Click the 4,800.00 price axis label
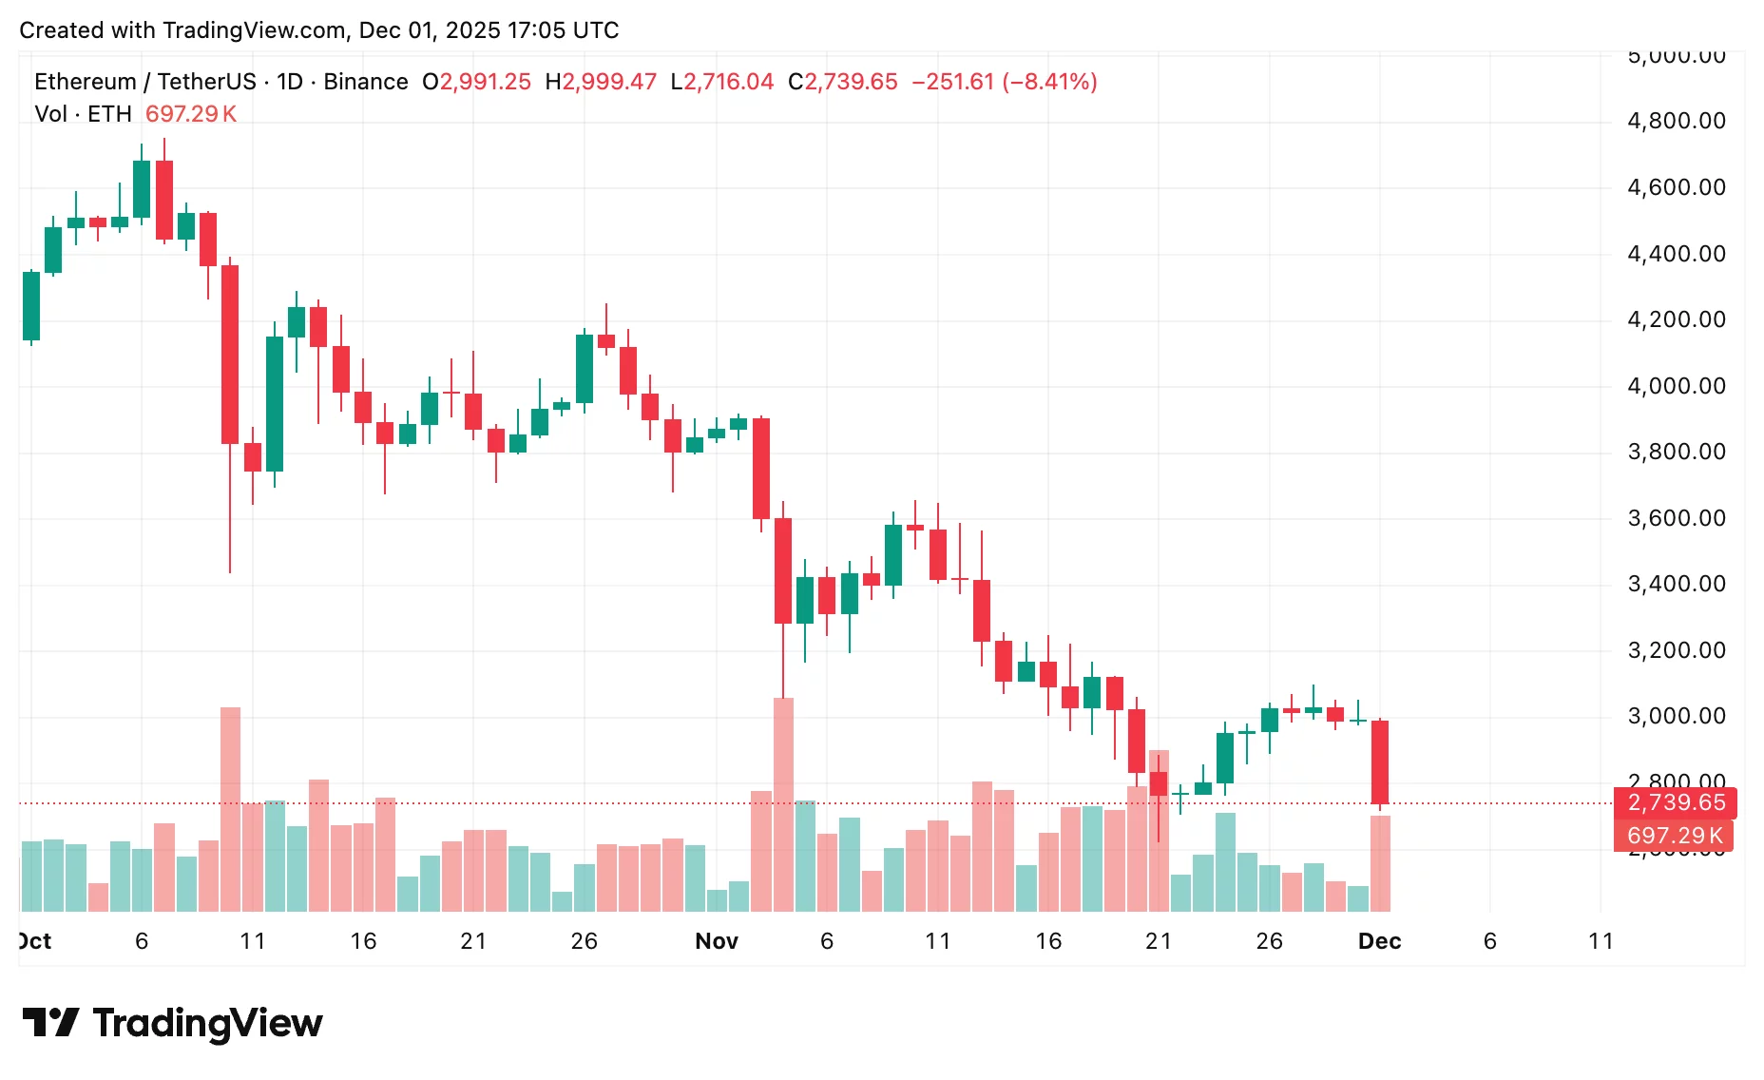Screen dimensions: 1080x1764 [1676, 121]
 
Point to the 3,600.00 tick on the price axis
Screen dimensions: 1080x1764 [1676, 518]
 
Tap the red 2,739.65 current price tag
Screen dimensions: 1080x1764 [1675, 802]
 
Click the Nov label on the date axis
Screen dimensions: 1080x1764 [716, 941]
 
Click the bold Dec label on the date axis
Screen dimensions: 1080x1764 [1379, 941]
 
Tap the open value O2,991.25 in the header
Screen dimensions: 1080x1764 [476, 82]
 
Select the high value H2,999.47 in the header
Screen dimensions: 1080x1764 [601, 82]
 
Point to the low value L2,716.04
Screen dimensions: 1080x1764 [721, 82]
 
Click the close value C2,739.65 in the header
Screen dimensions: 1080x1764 [842, 82]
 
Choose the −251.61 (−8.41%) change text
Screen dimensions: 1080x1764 [1004, 82]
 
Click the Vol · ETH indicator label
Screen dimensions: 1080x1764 [83, 114]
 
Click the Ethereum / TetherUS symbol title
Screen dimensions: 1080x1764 [144, 82]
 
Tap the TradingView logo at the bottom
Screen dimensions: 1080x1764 [172, 1023]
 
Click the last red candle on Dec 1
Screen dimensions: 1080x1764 [1380, 761]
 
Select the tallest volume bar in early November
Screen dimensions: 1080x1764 [783, 803]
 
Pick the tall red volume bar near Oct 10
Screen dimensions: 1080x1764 [230, 808]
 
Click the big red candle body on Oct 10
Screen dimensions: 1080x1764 [230, 354]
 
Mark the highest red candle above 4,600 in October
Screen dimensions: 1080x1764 [164, 200]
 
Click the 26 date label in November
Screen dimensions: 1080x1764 [1269, 941]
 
